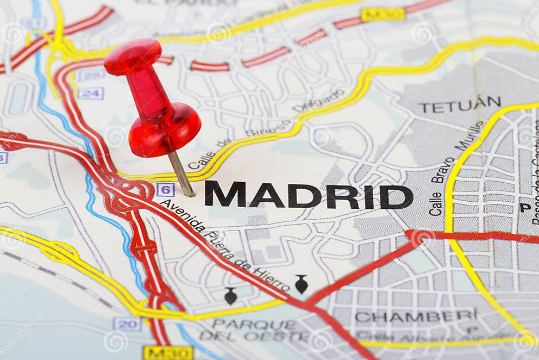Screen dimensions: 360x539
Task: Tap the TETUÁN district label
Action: click(x=460, y=104)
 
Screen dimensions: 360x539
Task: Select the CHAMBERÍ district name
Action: click(x=416, y=315)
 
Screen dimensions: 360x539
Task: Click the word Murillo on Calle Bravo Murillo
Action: click(x=469, y=136)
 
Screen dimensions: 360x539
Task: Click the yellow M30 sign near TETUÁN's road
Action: click(x=383, y=15)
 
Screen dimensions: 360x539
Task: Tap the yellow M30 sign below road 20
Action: click(x=168, y=353)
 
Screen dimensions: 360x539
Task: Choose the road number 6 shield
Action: click(x=165, y=190)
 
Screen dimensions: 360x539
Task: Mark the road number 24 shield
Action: click(x=90, y=93)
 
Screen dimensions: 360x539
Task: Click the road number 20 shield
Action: click(x=127, y=324)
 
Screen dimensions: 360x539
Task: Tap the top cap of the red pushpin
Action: click(x=133, y=56)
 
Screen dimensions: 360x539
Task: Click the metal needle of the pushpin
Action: click(x=181, y=173)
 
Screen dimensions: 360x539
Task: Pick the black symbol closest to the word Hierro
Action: click(x=301, y=284)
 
